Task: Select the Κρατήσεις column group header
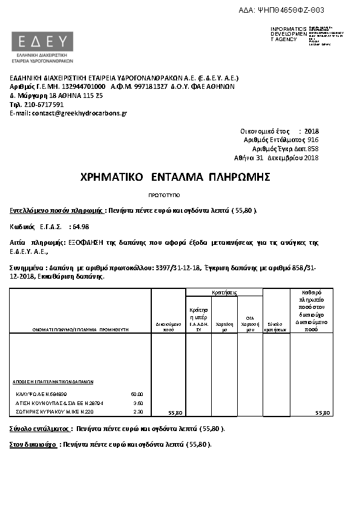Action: coord(224,293)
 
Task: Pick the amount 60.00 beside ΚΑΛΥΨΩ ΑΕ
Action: coord(137,394)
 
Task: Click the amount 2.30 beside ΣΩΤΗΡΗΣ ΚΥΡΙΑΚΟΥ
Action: coord(138,412)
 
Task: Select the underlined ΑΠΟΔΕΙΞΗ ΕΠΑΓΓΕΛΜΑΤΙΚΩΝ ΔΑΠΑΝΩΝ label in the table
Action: coord(53,382)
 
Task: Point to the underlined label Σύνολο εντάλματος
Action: coord(37,429)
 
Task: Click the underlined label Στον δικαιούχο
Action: coord(33,444)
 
